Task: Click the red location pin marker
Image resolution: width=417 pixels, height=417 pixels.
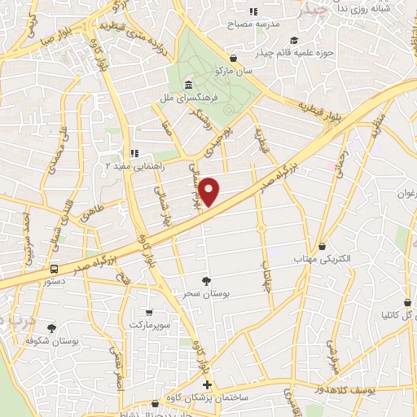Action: [x=210, y=192]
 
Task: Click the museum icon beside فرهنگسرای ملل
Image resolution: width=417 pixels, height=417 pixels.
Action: [x=189, y=86]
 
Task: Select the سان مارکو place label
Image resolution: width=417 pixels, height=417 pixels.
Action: [x=234, y=71]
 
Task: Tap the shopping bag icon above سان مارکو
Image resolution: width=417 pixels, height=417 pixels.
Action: [x=235, y=58]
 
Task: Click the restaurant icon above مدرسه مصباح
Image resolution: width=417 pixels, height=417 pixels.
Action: [x=253, y=11]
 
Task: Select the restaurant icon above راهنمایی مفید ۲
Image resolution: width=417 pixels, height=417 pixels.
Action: [x=136, y=152]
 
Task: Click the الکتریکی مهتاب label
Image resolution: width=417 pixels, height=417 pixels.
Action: [x=323, y=258]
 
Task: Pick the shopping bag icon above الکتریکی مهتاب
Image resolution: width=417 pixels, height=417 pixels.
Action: [x=323, y=245]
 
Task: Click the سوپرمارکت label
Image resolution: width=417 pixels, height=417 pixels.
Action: [x=147, y=324]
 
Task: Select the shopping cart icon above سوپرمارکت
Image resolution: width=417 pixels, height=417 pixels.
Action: [x=147, y=311]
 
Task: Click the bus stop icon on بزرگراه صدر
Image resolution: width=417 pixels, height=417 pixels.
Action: [x=54, y=268]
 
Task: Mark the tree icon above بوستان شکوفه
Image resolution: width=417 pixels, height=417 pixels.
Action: [x=52, y=327]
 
